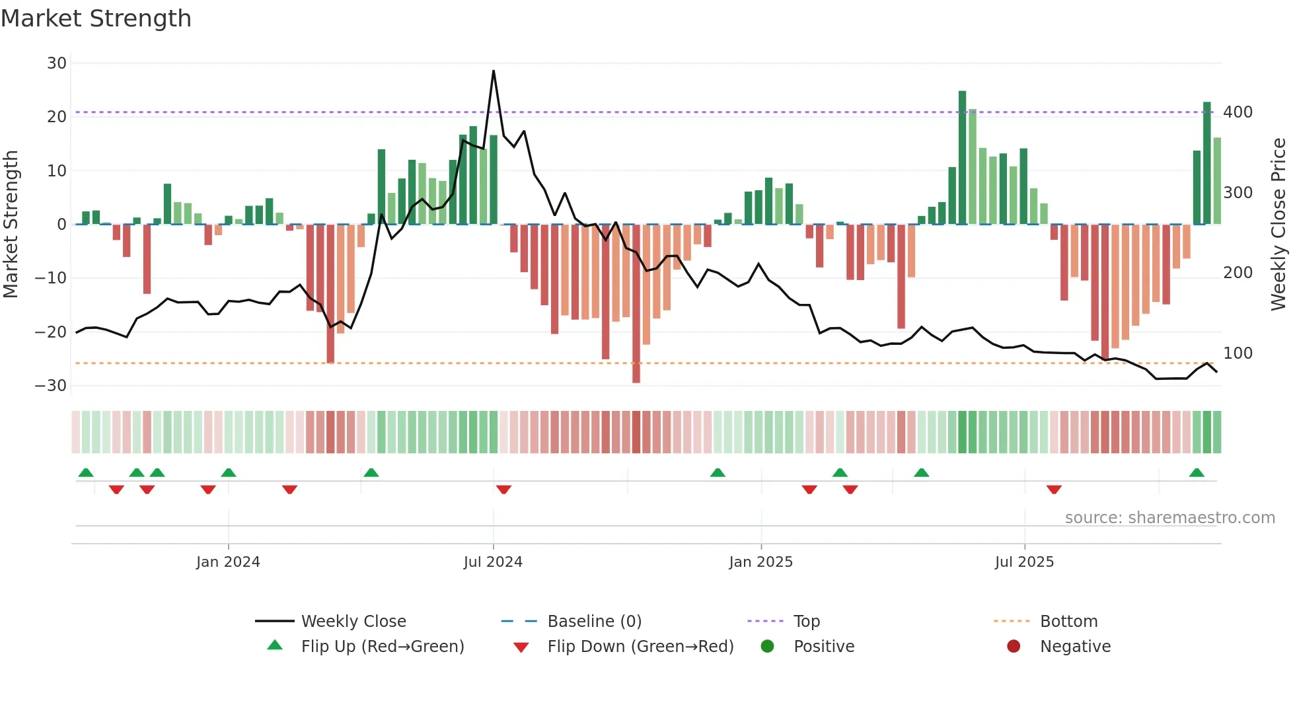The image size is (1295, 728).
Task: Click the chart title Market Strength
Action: [x=96, y=18]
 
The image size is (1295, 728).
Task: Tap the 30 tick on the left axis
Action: [x=57, y=63]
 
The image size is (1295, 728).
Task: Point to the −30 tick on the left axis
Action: [x=51, y=386]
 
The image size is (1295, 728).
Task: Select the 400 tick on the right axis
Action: [x=1238, y=112]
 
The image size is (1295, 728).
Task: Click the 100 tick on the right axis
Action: [x=1238, y=353]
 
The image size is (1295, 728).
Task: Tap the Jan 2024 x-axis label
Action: [x=228, y=562]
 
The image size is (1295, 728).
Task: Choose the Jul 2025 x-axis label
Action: [x=1024, y=562]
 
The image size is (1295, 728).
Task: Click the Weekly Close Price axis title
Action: [x=1278, y=225]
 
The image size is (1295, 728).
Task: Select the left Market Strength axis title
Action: [x=11, y=225]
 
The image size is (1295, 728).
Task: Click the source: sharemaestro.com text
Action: [x=1169, y=518]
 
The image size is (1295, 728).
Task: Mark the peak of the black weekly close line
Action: [x=494, y=71]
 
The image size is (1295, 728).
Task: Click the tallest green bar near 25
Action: [x=962, y=157]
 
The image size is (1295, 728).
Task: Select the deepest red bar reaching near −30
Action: [x=636, y=304]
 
